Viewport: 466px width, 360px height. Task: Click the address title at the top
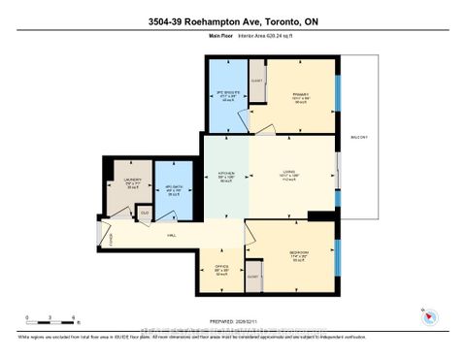[232, 20]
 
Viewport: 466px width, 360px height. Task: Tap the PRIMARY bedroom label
[298, 97]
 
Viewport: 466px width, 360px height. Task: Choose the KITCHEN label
[226, 179]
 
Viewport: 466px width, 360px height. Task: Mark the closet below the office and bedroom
[253, 276]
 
